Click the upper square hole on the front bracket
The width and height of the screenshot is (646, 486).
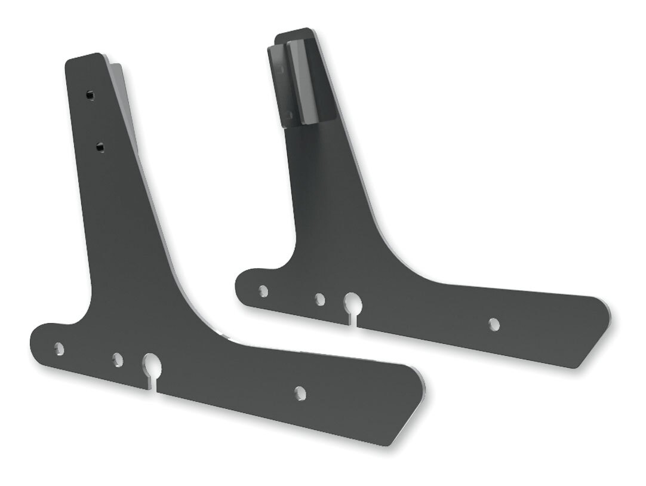90,94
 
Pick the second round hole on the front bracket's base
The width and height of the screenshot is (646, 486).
117,359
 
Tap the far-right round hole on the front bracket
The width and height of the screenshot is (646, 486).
299,392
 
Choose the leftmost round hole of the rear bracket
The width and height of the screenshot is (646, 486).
263,291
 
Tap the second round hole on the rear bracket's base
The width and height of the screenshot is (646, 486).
320,299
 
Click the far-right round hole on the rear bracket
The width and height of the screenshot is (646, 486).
494,323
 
